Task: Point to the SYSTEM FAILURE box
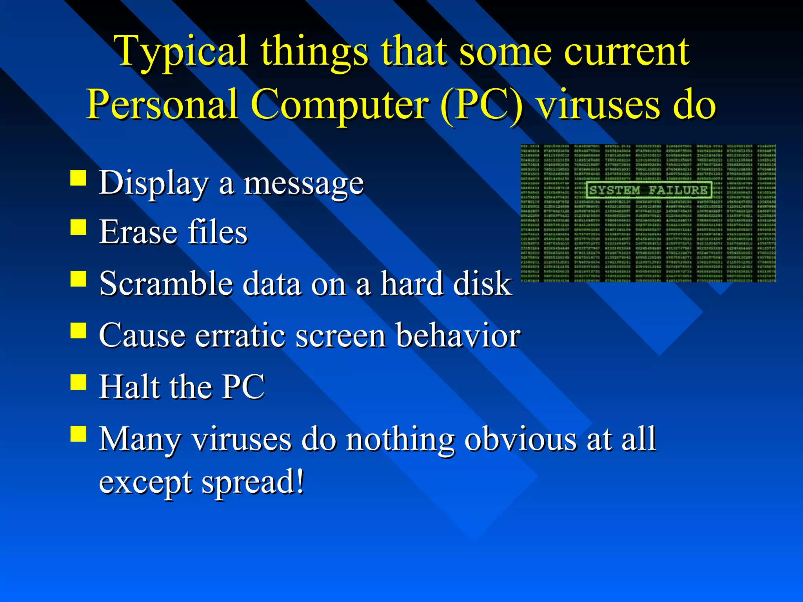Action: (x=649, y=190)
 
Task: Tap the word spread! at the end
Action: (x=253, y=482)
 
